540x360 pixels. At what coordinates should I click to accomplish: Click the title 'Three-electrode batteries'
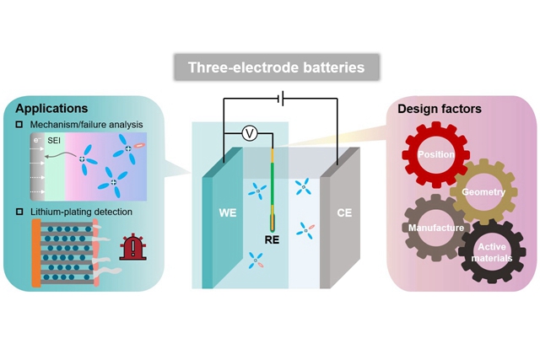point(270,67)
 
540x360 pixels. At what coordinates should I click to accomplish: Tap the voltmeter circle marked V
point(250,132)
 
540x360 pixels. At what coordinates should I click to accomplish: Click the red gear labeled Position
point(435,155)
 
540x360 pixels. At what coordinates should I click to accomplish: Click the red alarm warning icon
point(132,246)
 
